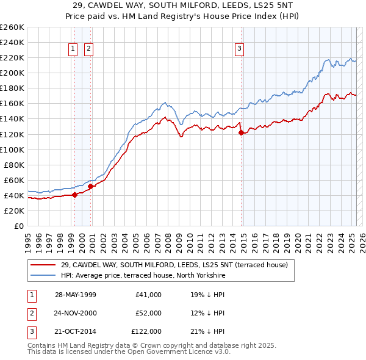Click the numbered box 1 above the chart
pos(73,49)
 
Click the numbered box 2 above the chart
pos(88,49)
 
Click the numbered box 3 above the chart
pos(240,49)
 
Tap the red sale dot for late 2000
pos(91,186)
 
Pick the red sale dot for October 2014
pos(241,132)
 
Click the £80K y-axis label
pos(14,165)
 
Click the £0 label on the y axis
pos(18,226)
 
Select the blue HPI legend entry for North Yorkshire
pos(143,276)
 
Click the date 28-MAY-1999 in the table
pos(76,294)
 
